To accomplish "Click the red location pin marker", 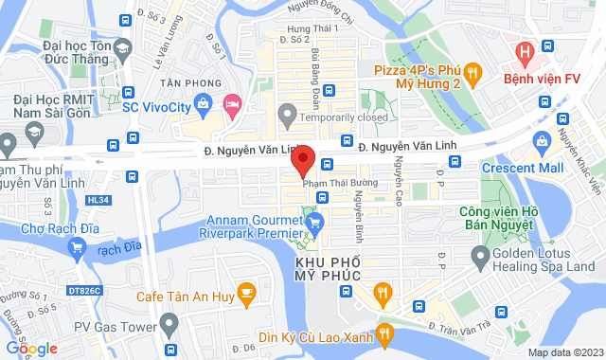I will pos(302,161).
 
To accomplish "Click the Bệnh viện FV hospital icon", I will pos(520,50).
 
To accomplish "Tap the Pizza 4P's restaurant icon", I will pos(474,71).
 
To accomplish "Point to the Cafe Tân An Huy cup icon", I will pos(246,292).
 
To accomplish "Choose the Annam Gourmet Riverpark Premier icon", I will pos(316,224).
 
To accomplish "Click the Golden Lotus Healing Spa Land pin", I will pos(481,254).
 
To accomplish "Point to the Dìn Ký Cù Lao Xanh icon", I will pos(383,333).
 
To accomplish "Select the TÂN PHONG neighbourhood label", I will pos(186,83).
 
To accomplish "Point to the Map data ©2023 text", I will pos(565,352).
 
